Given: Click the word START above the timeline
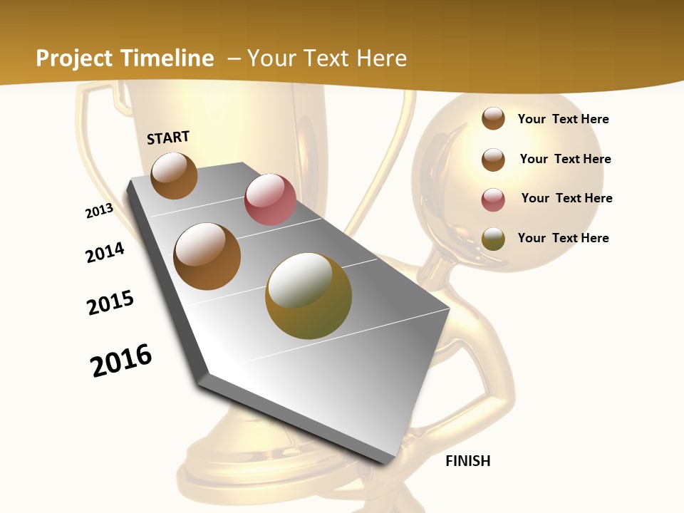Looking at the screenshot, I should point(168,138).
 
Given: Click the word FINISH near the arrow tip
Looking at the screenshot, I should point(467,461).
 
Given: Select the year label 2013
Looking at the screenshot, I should point(99,212).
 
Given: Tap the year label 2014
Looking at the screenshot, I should point(105,253).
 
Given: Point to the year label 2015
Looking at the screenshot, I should point(110,302).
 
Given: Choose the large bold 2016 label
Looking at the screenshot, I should point(121,361).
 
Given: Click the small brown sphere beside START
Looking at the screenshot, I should point(174,175).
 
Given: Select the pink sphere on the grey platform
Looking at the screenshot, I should point(270,199).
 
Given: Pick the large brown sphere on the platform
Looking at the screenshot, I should point(207,256).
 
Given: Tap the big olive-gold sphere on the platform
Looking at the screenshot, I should point(309,296).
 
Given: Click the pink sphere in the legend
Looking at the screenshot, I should point(493,199).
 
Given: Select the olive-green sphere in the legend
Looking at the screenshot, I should point(493,239).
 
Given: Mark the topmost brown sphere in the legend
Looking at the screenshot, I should point(493,118).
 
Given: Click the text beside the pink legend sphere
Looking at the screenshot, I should point(566,198).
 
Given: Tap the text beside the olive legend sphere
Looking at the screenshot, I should point(563,238).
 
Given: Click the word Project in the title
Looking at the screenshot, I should point(73,58).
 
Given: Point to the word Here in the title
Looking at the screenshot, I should point(381,58).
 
